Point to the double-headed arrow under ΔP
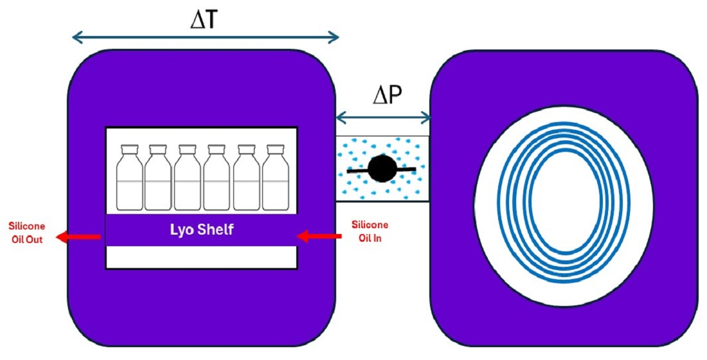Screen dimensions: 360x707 383,117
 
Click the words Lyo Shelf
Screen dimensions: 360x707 201,230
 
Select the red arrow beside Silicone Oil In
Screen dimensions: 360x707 321,237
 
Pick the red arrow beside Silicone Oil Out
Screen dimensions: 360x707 78,237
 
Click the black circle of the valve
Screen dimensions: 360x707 382,169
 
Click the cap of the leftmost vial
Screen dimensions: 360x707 130,148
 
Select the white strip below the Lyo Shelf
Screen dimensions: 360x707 201,257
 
